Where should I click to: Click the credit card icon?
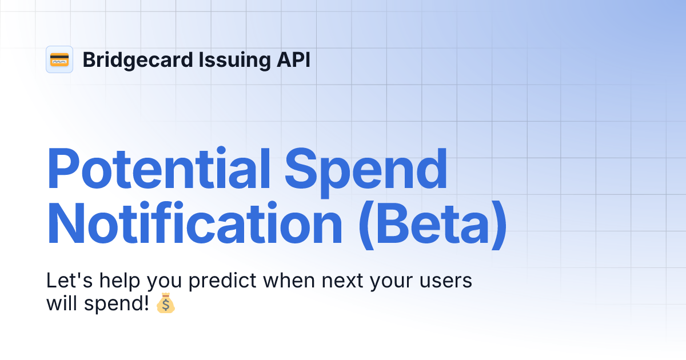59,59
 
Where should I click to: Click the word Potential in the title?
158,169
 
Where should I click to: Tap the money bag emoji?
166,303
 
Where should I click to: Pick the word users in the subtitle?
448,282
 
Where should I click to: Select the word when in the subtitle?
289,281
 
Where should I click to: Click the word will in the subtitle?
61,303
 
